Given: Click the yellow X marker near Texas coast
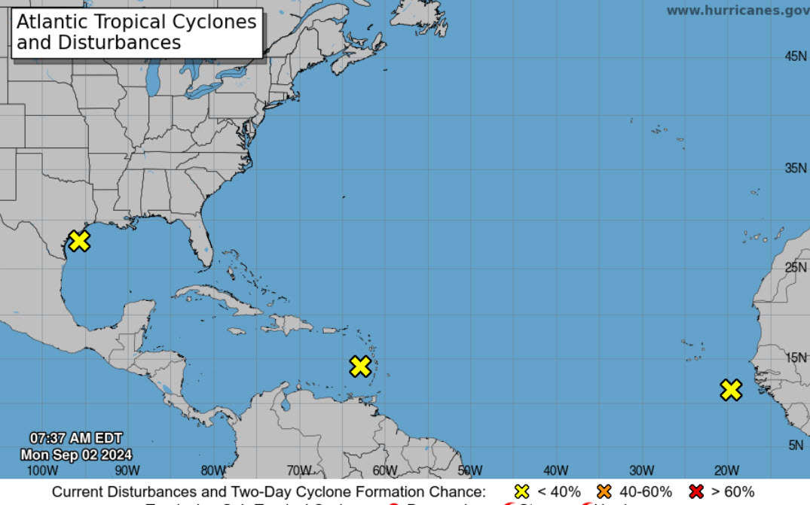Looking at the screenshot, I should click(79, 241).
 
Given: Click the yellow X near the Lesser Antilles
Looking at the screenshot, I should click(360, 367).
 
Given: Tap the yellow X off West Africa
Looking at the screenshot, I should click(730, 390).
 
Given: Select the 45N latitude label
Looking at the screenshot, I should click(796, 56).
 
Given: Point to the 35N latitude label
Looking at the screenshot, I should click(796, 168).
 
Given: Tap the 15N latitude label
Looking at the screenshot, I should click(796, 357).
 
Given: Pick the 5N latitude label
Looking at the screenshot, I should click(796, 445).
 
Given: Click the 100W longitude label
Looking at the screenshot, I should click(41, 471).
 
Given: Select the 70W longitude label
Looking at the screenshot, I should click(298, 471).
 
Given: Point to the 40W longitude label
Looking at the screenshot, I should click(555, 471).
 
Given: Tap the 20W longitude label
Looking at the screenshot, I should click(726, 471).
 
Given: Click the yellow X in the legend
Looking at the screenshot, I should click(521, 491).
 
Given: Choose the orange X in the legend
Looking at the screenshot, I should click(604, 491).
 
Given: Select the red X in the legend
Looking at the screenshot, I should click(696, 491).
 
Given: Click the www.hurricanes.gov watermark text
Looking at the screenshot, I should click(737, 10).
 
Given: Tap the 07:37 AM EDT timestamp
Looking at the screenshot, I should click(75, 438).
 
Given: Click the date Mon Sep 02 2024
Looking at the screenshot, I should click(76, 455).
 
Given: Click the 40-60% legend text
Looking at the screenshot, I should click(645, 491).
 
